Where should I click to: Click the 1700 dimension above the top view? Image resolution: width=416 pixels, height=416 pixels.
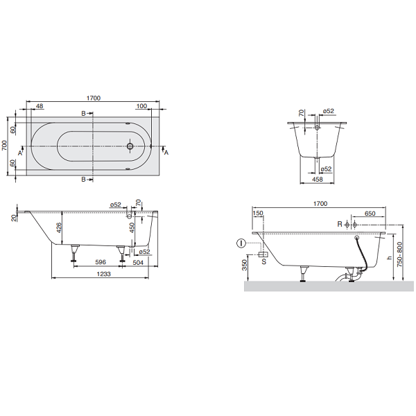94,98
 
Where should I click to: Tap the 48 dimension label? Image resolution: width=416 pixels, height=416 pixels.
40,106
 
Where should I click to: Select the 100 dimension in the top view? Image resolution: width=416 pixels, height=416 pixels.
141,106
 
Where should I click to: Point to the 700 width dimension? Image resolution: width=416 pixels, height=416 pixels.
5,146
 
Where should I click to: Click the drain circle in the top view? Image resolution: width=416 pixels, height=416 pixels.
130,146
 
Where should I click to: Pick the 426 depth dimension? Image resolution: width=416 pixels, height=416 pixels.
59,227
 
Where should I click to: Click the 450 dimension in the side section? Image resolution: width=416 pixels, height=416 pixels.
132,227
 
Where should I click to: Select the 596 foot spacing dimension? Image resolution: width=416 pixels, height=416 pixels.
101,262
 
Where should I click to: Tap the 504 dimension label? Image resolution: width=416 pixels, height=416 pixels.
138,262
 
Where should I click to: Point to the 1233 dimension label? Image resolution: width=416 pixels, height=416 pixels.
103,274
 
